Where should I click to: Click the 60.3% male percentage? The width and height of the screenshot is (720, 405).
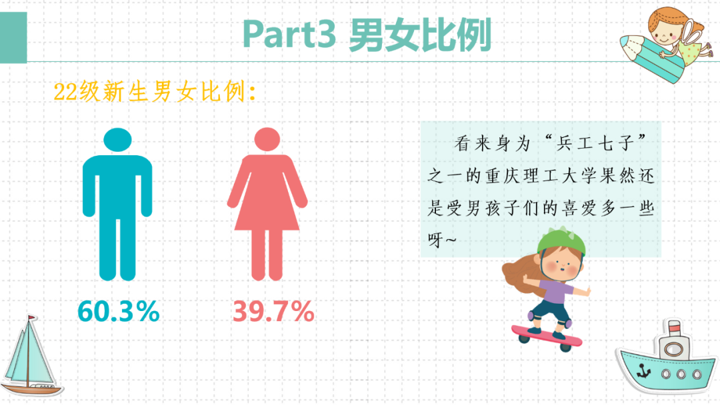pyautogui.click(x=119, y=310)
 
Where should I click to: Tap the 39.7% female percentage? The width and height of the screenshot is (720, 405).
pyautogui.click(x=273, y=310)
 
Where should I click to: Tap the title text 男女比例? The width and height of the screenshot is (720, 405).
pyautogui.click(x=420, y=35)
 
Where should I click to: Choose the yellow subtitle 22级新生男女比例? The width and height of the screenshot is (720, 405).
pyautogui.click(x=155, y=93)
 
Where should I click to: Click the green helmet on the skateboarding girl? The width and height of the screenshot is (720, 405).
pyautogui.click(x=561, y=240)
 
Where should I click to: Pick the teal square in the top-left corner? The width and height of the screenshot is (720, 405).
pyautogui.click(x=13, y=37)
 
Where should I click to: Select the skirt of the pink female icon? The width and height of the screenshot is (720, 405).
pyautogui.click(x=267, y=206)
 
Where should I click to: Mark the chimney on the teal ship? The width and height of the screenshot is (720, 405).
pyautogui.click(x=674, y=328)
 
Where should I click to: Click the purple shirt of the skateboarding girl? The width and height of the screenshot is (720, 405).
pyautogui.click(x=553, y=290)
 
